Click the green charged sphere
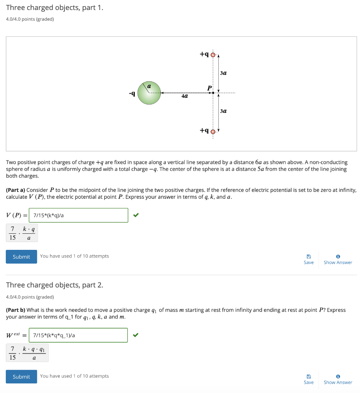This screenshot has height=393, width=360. pos(149,93)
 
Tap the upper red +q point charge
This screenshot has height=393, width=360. pos(213,54)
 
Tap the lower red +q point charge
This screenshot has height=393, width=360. pos(213,131)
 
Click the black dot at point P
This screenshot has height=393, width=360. pos(213,93)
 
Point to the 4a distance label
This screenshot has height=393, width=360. pos(185,96)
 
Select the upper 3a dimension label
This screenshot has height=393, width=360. pos(224,73)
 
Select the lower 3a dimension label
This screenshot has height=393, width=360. pos(224,111)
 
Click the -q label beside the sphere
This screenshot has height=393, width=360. pos(132,93)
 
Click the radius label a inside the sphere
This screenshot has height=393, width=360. pos(150,87)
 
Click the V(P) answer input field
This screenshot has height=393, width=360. pos(79,215)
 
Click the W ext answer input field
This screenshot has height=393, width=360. pos(79,335)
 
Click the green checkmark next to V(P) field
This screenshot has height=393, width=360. pos(135,215)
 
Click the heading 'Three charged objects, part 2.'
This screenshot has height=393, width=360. pos(54,285)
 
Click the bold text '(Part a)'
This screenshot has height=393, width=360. pos(15,190)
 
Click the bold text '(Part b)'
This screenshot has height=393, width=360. pos(15,310)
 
